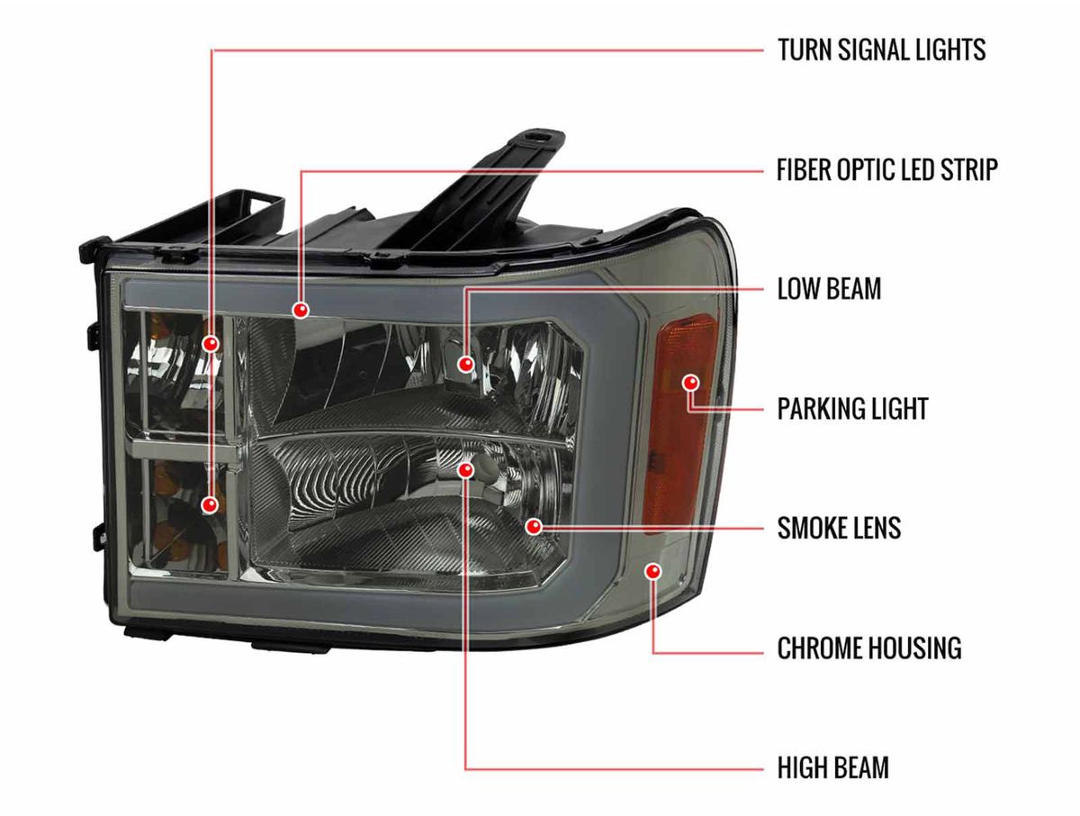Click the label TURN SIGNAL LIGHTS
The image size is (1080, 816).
pyautogui.click(x=882, y=50)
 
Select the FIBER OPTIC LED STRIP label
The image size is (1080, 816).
pyautogui.click(x=887, y=169)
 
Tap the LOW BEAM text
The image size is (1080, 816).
pyautogui.click(x=829, y=289)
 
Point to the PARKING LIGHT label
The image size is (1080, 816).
pyautogui.click(x=852, y=409)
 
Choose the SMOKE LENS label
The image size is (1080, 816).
pyautogui.click(x=840, y=528)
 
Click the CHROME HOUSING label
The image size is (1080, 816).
pyautogui.click(x=869, y=648)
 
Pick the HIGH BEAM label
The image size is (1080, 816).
pyautogui.click(x=833, y=767)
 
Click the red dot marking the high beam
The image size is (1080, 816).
pyautogui.click(x=465, y=470)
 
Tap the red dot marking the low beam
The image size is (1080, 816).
pyautogui.click(x=465, y=365)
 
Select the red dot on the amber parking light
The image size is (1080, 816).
pyautogui.click(x=691, y=383)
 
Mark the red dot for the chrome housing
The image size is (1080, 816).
pyautogui.click(x=653, y=571)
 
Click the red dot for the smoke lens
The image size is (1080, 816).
pyautogui.click(x=534, y=527)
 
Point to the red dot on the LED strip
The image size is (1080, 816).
pyautogui.click(x=301, y=310)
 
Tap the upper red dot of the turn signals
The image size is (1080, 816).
pyautogui.click(x=211, y=343)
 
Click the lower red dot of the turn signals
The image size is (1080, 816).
pyautogui.click(x=210, y=504)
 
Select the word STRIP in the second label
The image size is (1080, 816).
pyautogui.click(x=968, y=169)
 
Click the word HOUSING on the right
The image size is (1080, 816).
pyautogui.click(x=912, y=648)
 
